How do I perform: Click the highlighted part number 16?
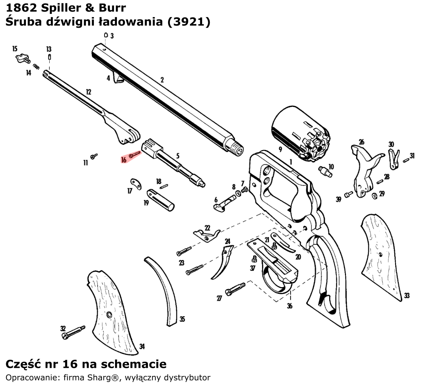(x=124, y=160)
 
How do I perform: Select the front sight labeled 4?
(x=119, y=78)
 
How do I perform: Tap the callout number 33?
(x=407, y=296)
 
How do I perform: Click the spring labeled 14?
(x=36, y=67)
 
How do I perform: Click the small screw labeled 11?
(x=95, y=156)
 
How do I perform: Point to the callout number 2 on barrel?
(x=162, y=80)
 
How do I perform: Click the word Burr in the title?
(x=111, y=7)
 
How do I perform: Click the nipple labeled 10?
(x=324, y=171)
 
